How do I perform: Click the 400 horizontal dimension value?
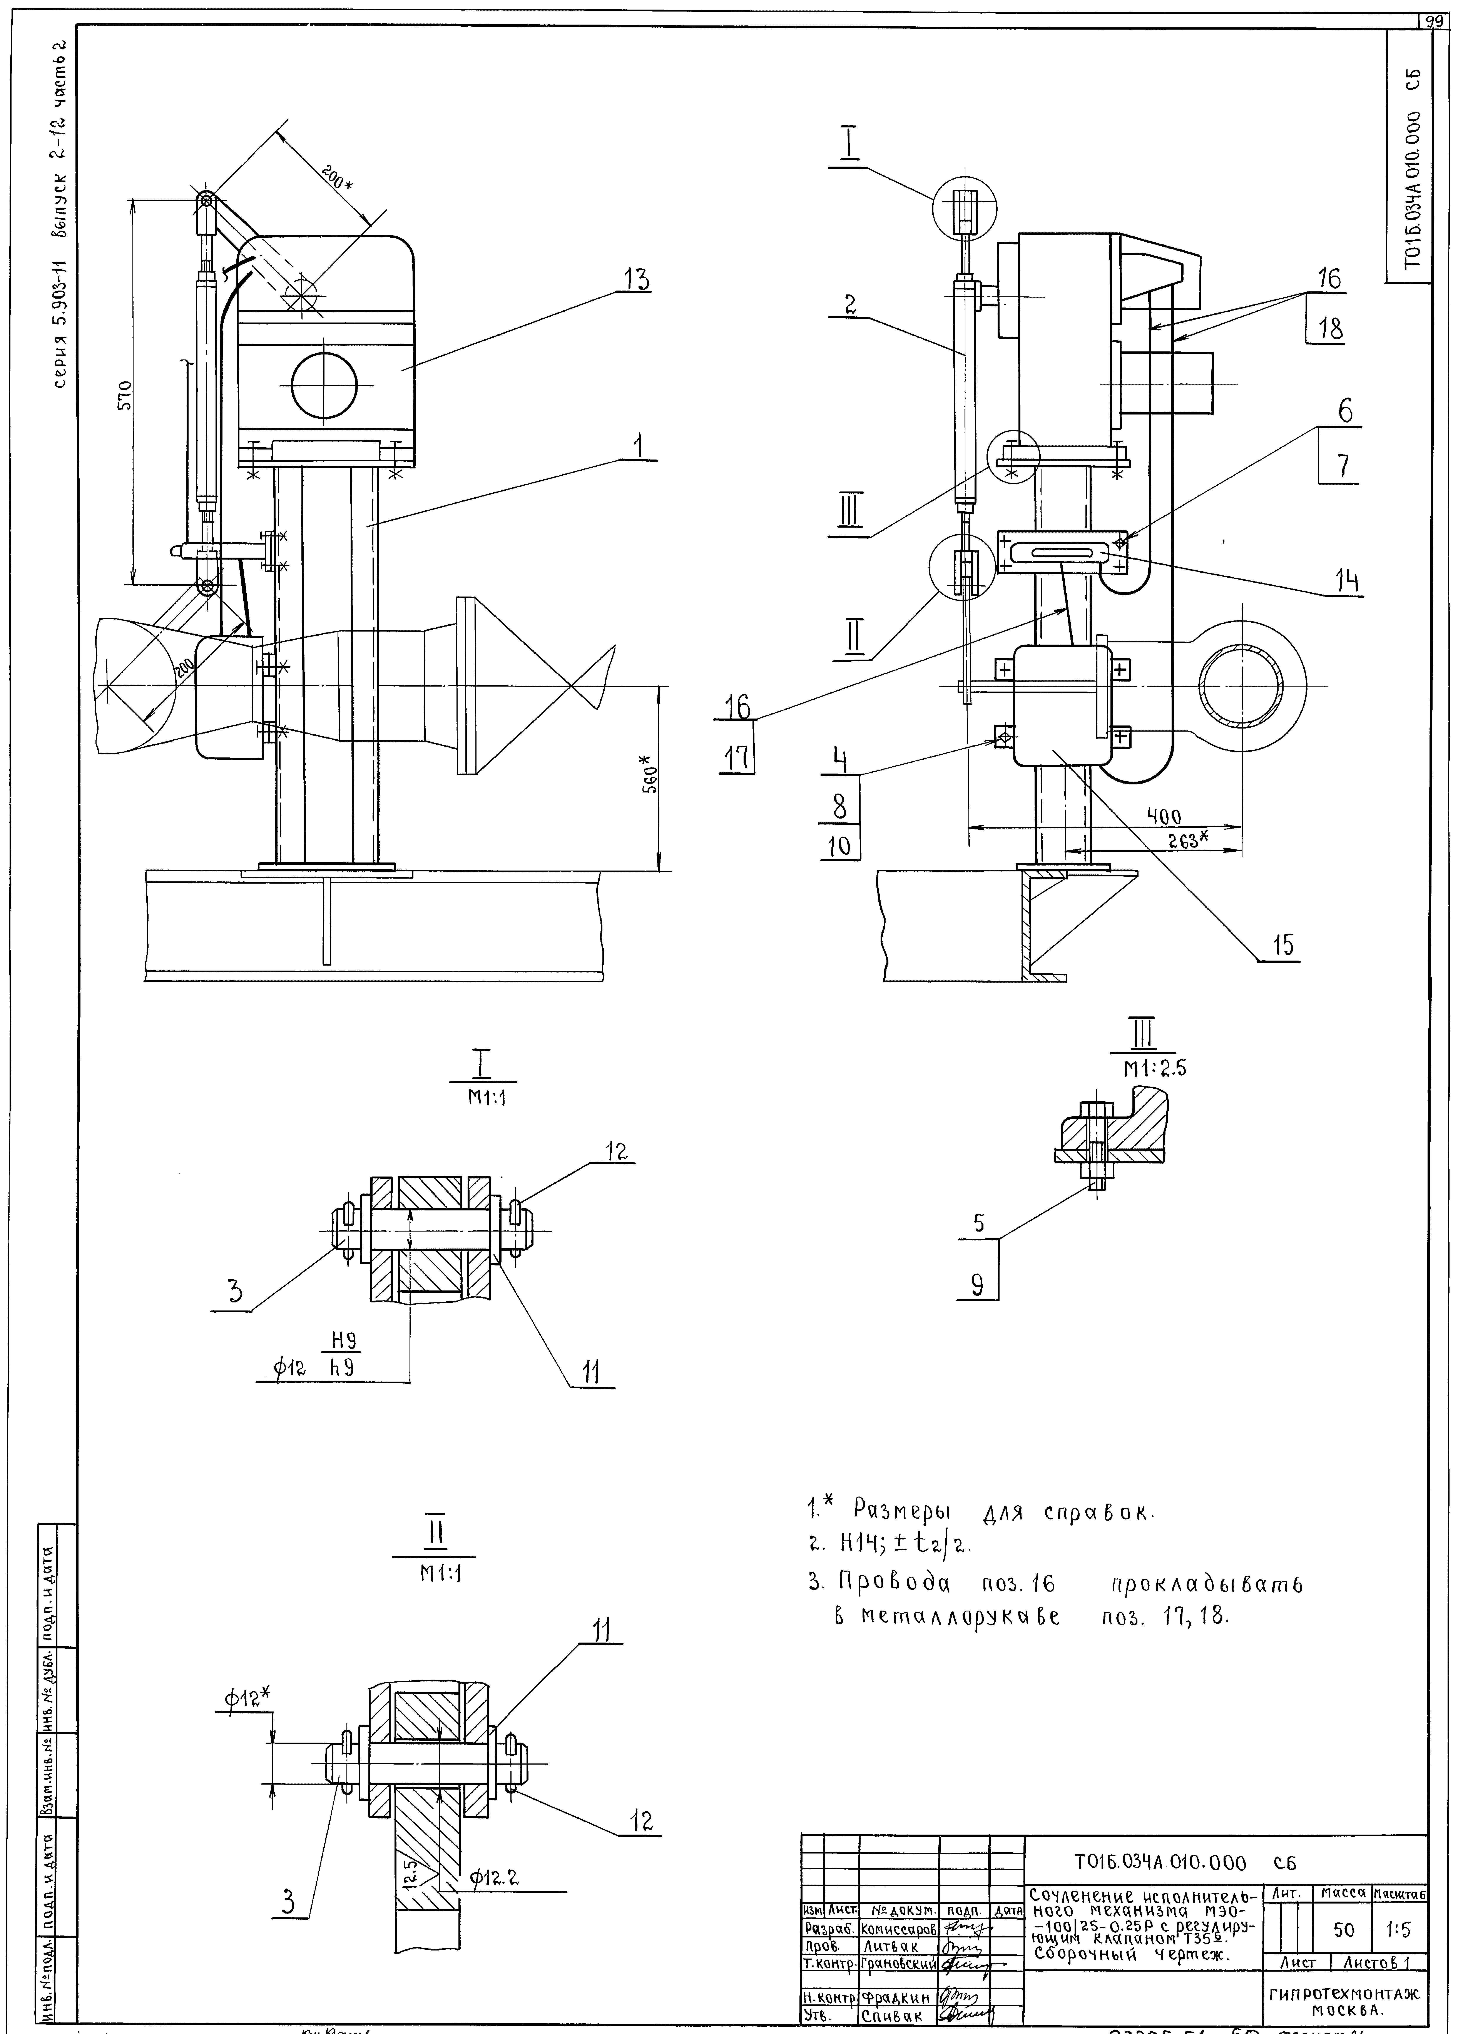(x=1163, y=817)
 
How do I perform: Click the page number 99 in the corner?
(x=1437, y=21)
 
